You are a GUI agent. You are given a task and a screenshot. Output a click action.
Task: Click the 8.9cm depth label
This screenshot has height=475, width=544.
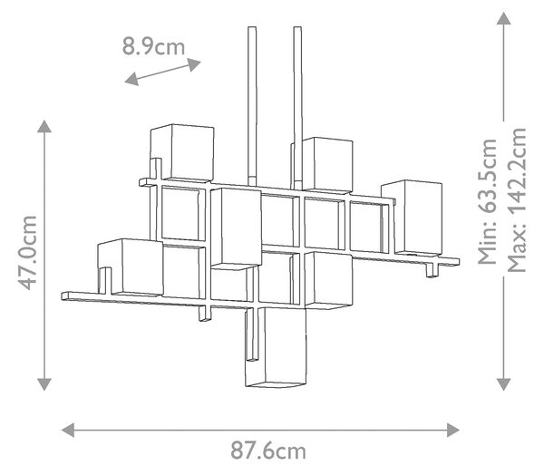pos(153,47)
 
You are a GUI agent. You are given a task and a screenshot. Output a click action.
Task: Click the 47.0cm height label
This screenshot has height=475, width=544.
pos(27,253)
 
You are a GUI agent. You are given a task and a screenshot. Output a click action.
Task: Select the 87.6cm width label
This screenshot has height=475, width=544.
pos(268,451)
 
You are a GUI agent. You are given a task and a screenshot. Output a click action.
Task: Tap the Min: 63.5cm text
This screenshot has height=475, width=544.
pos(487,201)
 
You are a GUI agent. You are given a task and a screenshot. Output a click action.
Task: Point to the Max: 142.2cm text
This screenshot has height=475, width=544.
pos(517,199)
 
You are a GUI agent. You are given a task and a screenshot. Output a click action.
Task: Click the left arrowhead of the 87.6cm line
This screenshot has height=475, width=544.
pos(68,431)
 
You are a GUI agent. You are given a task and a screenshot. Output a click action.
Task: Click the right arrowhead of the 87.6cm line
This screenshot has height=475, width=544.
pos(453,431)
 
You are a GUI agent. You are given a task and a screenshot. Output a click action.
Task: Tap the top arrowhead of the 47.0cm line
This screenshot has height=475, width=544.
pos(44,126)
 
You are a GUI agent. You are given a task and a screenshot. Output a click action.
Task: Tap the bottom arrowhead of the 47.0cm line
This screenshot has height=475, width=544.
pos(44,384)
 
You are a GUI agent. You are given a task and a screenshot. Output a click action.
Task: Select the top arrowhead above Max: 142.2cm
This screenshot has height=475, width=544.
pos(503,18)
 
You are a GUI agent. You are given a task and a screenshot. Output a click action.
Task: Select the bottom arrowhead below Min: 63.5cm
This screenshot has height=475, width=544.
pos(503,384)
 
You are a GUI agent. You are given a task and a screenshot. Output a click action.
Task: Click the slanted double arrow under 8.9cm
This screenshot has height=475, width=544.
pos(162,72)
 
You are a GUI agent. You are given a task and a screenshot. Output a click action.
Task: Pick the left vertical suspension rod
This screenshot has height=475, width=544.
pos(252,106)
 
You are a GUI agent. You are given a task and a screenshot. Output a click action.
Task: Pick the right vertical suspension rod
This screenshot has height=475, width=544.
pos(297,108)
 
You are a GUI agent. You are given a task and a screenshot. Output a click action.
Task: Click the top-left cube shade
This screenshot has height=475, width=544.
pos(182,152)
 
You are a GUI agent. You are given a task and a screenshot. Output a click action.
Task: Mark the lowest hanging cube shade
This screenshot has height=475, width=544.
pos(276,347)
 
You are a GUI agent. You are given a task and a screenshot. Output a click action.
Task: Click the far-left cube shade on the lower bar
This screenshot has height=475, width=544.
pos(131,267)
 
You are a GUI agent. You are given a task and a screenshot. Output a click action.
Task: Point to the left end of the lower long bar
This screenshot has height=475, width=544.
pos(62,296)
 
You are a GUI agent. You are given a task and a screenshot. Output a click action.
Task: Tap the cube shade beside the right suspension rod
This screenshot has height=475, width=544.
pos(327,164)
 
